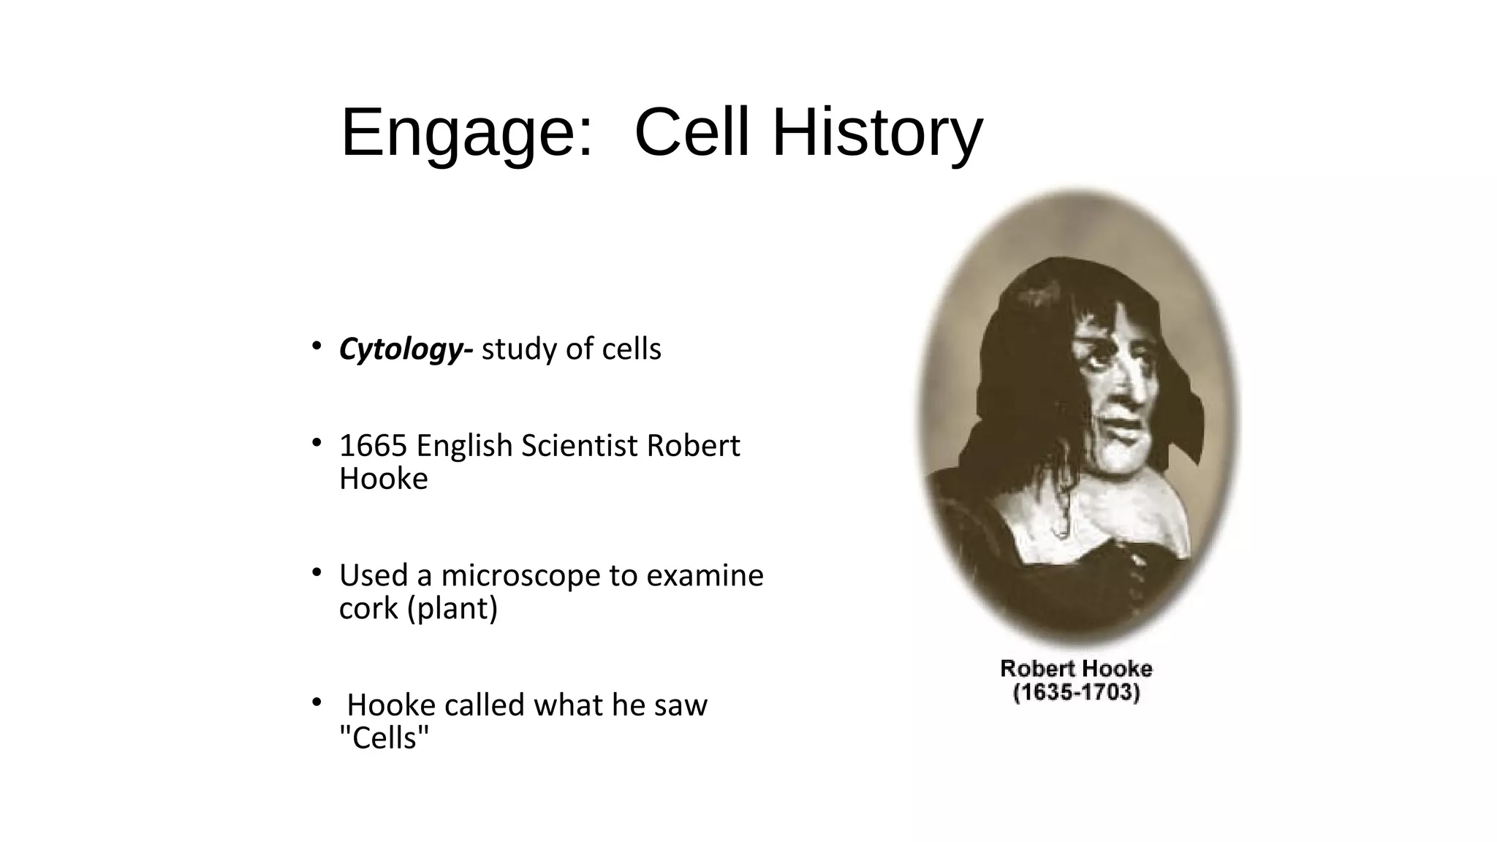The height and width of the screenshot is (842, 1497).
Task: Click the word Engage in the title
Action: tap(466, 134)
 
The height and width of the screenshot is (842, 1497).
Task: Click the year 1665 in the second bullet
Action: tap(374, 446)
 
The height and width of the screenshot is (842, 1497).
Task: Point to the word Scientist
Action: tap(579, 446)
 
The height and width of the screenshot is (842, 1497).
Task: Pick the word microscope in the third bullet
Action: tap(520, 576)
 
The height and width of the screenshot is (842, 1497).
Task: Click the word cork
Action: tap(369, 608)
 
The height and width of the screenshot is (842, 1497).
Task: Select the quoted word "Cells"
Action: tap(384, 738)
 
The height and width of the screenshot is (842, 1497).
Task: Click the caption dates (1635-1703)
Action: tap(1076, 692)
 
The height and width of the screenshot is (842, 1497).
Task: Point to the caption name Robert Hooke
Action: tap(1076, 668)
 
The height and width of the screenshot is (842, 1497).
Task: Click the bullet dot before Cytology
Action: tap(316, 346)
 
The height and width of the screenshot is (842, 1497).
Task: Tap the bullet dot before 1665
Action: tap(316, 442)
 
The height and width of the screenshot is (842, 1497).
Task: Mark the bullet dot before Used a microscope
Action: tap(316, 572)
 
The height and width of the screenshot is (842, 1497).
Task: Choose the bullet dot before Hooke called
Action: tap(316, 702)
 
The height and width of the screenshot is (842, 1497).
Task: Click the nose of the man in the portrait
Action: tap(1130, 387)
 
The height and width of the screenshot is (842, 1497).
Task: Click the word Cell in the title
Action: tap(692, 134)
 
